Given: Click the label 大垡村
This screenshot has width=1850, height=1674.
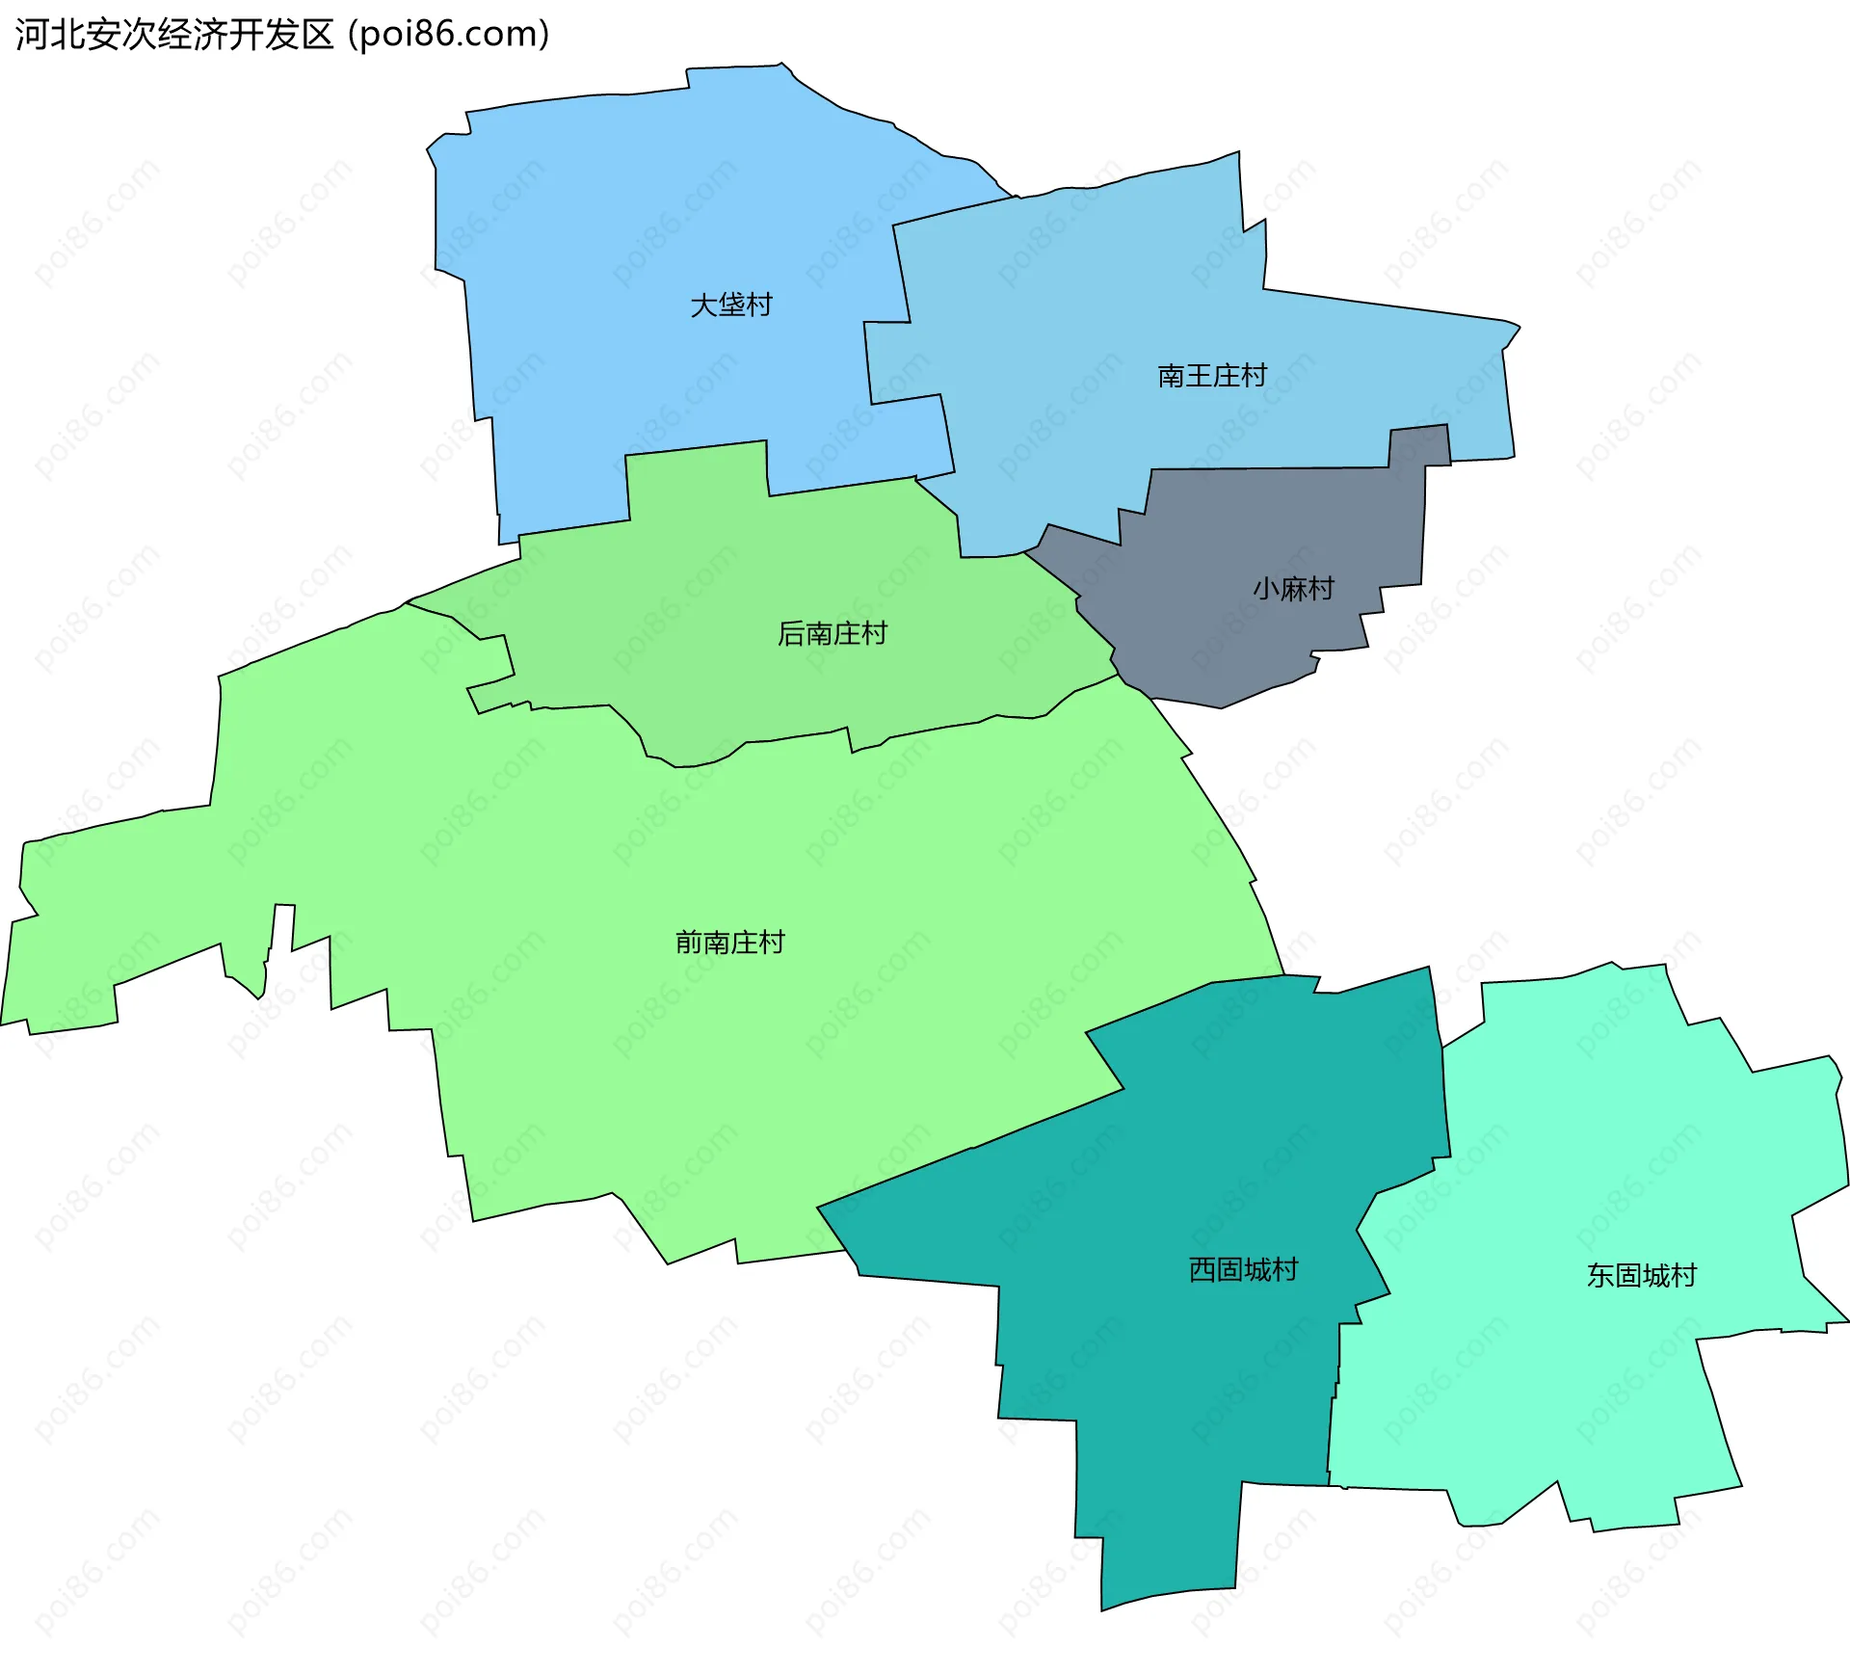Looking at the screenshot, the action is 731,306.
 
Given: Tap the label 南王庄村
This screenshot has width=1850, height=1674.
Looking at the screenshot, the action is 1212,376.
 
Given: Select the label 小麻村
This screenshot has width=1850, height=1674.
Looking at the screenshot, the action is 1293,588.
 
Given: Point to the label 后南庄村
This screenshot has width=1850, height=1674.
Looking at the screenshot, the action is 832,633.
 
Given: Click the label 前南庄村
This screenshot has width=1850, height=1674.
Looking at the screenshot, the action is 730,942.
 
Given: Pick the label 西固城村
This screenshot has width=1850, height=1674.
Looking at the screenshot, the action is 1243,1269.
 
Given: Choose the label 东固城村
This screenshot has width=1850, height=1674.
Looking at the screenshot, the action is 1641,1275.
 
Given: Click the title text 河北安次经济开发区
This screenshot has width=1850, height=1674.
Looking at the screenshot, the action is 174,35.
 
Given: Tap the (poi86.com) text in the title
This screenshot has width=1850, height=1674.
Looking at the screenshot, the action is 449,35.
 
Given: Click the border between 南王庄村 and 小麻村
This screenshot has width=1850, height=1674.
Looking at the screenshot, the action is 1272,469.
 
